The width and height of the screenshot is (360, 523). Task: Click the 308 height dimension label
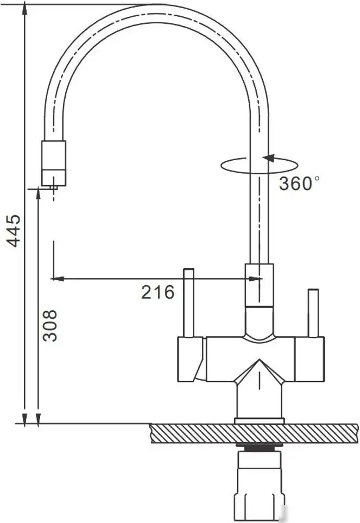tap(50, 325)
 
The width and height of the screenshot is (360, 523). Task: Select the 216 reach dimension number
tap(158, 292)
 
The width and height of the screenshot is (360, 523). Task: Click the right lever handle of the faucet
tap(313, 313)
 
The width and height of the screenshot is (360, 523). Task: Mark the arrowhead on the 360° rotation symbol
tap(268, 158)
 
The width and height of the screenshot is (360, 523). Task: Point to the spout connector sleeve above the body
tap(259, 285)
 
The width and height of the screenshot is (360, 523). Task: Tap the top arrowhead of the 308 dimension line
tap(37, 192)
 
